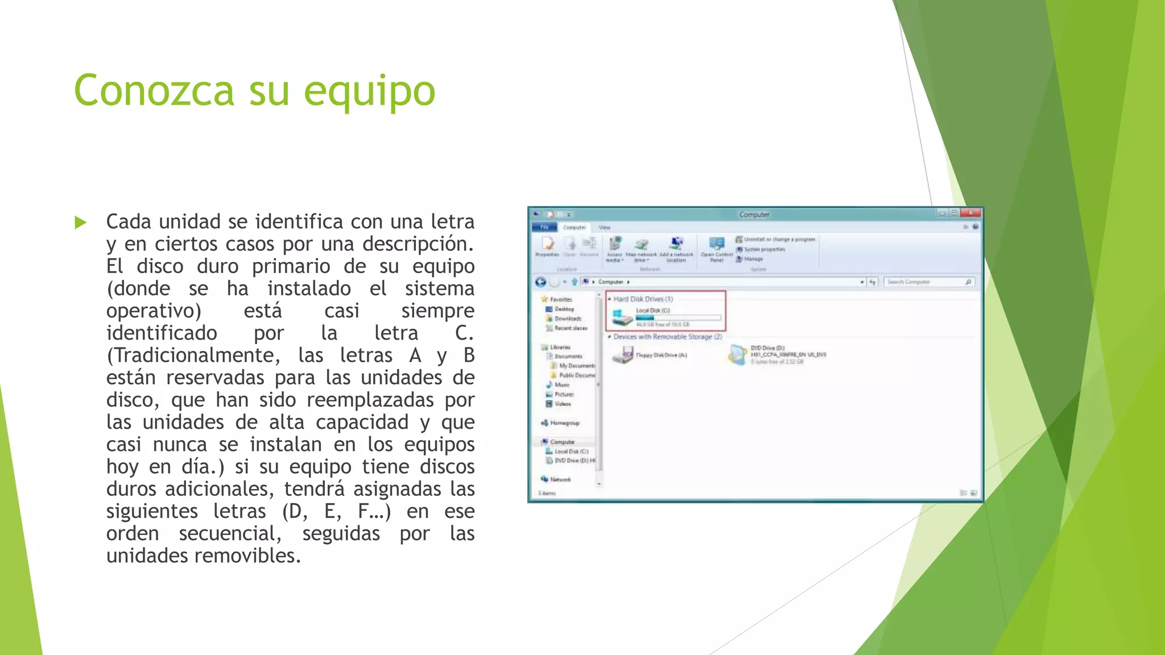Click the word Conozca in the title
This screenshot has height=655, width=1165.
click(x=154, y=91)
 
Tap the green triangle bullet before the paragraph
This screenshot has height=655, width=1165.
click(x=81, y=222)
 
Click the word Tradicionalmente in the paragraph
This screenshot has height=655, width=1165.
click(x=193, y=355)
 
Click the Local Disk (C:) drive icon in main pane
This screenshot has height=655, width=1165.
click(x=622, y=317)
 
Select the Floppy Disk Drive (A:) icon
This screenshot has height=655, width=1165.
click(x=623, y=355)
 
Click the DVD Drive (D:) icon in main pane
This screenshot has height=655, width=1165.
click(x=738, y=355)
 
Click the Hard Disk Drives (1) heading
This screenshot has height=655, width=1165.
click(x=643, y=299)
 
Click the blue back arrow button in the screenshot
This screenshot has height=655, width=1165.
click(x=540, y=282)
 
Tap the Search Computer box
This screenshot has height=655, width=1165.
click(x=924, y=282)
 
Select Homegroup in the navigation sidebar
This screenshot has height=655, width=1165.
click(x=564, y=423)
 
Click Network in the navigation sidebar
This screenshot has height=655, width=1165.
click(x=560, y=479)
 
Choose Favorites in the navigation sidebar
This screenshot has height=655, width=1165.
click(x=561, y=300)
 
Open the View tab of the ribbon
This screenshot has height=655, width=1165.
click(x=604, y=227)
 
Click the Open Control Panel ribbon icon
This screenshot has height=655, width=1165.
click(x=717, y=246)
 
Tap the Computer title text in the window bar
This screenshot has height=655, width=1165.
click(x=754, y=214)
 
